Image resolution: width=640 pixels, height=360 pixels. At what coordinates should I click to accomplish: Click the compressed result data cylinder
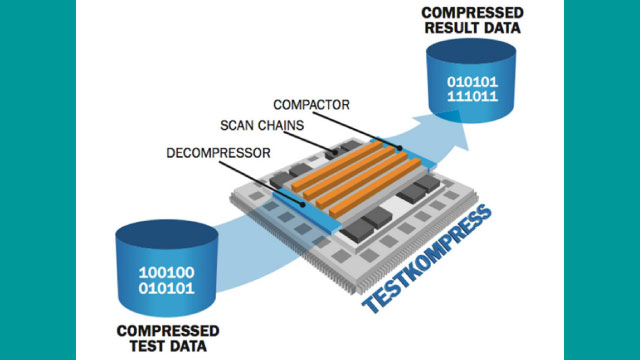pos(469,75)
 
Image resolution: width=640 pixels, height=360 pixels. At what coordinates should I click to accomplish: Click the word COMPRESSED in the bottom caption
pos(169,331)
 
